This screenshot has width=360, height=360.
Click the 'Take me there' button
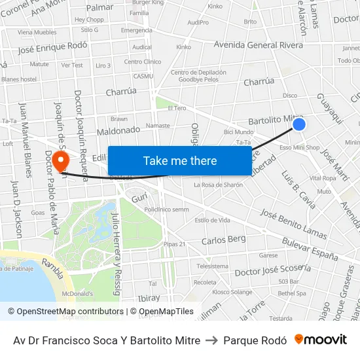point(180,161)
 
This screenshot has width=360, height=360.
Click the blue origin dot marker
point(298,124)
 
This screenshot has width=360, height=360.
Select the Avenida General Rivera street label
point(259,45)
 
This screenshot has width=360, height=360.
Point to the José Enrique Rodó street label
point(52,48)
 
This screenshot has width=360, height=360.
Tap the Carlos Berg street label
point(224,240)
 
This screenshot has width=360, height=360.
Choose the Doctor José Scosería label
point(272,270)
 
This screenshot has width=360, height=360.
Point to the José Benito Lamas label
point(293,224)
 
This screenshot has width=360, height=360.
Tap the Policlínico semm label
point(166,209)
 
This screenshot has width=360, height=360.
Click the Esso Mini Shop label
point(299,148)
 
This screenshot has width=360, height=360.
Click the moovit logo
point(321,340)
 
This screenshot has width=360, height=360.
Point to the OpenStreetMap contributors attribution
point(65,312)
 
